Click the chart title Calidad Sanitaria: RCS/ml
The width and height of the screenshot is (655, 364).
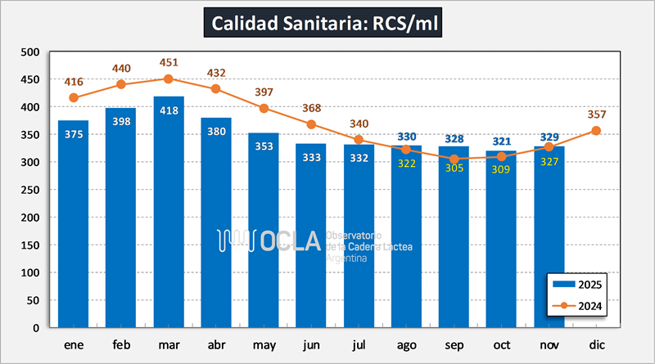click(x=327, y=23)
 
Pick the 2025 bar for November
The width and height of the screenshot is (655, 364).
click(x=549, y=245)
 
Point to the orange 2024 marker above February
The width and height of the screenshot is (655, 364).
click(x=121, y=84)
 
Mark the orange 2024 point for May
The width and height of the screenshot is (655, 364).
click(x=264, y=108)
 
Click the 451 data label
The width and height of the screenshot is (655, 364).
click(x=169, y=63)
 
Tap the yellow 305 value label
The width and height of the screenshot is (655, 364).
click(x=454, y=168)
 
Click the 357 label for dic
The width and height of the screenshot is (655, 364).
click(x=596, y=114)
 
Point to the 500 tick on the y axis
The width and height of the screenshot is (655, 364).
click(x=29, y=52)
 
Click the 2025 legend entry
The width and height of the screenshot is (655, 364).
click(x=578, y=285)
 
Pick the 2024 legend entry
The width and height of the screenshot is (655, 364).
click(x=578, y=307)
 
